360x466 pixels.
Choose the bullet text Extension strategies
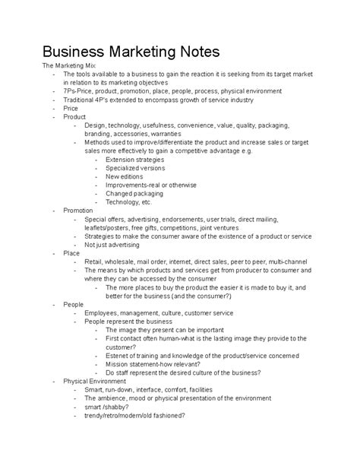[137, 160]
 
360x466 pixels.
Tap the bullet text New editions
[126, 176]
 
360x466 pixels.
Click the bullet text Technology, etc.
[129, 201]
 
